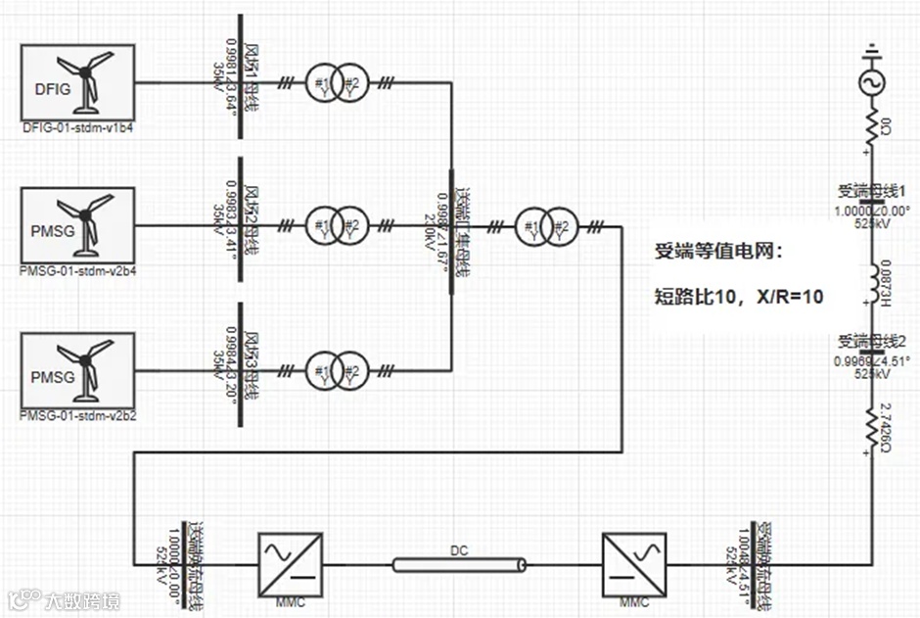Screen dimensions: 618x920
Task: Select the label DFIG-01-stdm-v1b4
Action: point(77,127)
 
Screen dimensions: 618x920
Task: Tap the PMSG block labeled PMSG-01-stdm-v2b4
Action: point(77,225)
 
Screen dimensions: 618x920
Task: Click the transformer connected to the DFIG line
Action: point(336,83)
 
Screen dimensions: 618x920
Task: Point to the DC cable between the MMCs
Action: point(460,564)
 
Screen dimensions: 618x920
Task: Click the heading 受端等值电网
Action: point(719,252)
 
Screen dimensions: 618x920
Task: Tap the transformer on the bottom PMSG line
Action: point(336,369)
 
